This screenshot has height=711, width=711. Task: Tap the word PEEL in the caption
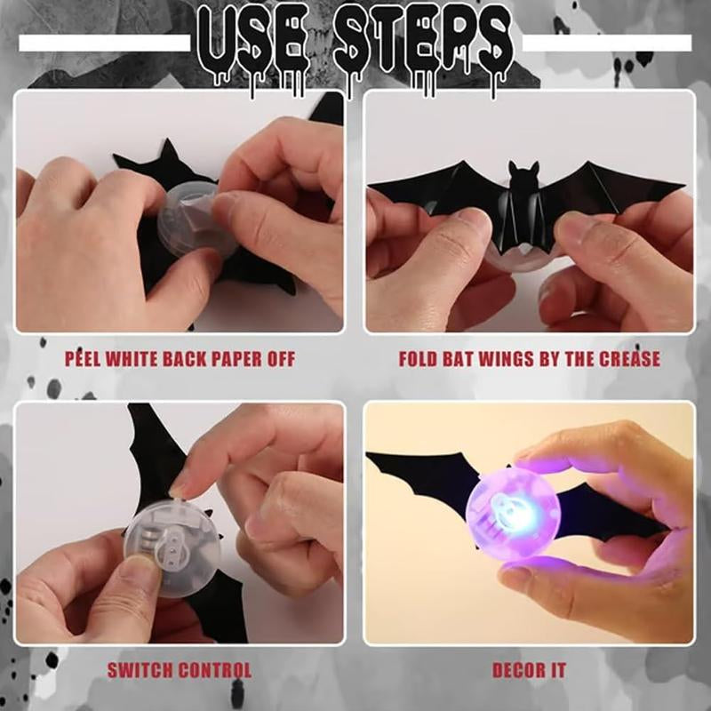point(85,359)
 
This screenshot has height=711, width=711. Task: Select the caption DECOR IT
point(529,670)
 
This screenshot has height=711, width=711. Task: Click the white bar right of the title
point(606,43)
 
